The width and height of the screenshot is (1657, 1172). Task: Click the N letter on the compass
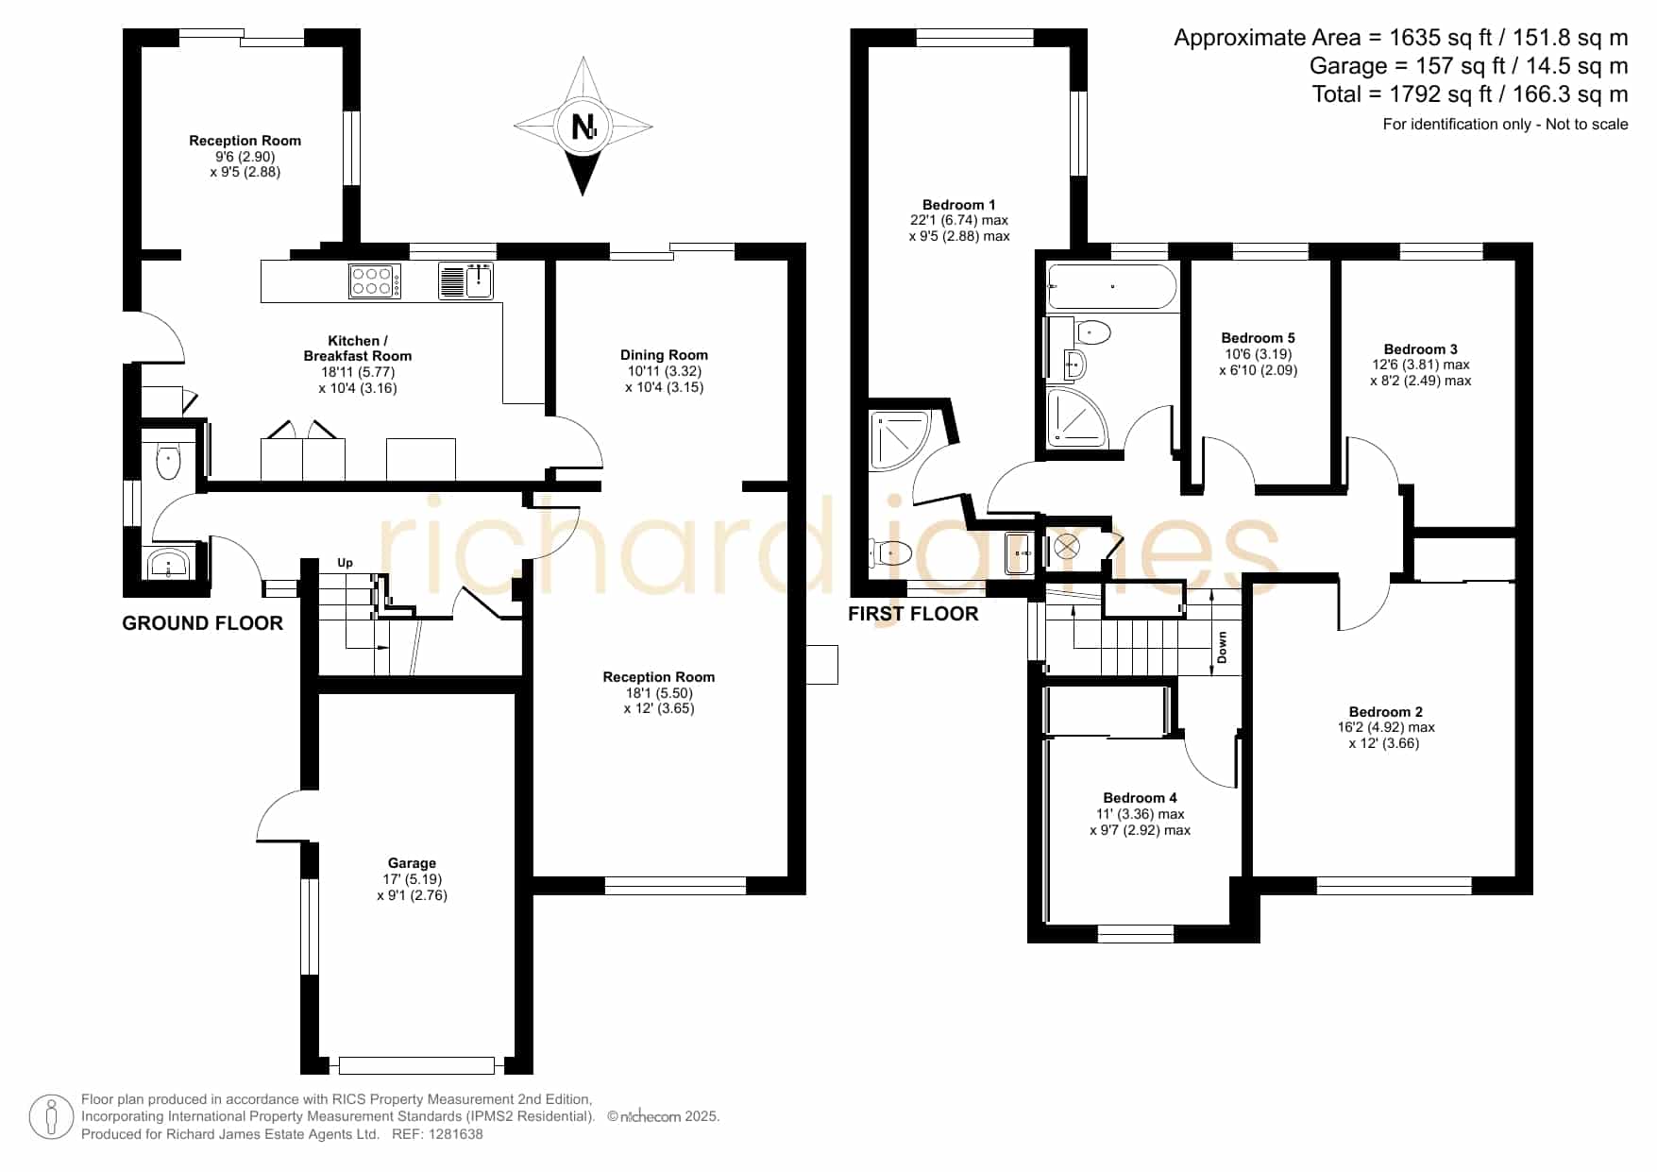pyautogui.click(x=584, y=126)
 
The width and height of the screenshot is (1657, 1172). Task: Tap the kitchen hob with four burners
pyautogui.click(x=375, y=280)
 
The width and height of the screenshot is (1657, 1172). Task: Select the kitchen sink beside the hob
pyautogui.click(x=466, y=280)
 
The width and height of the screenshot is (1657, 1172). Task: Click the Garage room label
pyautogui.click(x=412, y=863)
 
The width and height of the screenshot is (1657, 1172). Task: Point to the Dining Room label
pyautogui.click(x=664, y=355)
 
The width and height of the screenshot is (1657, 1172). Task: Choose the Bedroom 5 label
pyautogui.click(x=1258, y=338)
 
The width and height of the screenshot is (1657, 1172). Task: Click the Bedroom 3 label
pyautogui.click(x=1420, y=349)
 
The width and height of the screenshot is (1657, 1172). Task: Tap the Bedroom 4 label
pyautogui.click(x=1140, y=798)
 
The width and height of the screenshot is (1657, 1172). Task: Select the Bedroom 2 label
pyautogui.click(x=1385, y=712)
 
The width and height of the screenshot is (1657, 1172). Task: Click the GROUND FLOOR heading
pyautogui.click(x=202, y=623)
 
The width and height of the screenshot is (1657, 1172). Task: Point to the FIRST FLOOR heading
pyautogui.click(x=913, y=614)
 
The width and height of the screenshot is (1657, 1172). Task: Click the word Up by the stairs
pyautogui.click(x=345, y=563)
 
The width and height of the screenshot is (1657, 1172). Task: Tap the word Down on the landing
pyautogui.click(x=1222, y=648)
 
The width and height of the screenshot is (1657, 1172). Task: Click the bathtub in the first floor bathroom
pyautogui.click(x=1112, y=287)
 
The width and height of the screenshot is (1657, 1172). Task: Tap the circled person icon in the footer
pyautogui.click(x=51, y=1117)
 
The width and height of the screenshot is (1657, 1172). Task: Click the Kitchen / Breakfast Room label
pyautogui.click(x=357, y=348)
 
